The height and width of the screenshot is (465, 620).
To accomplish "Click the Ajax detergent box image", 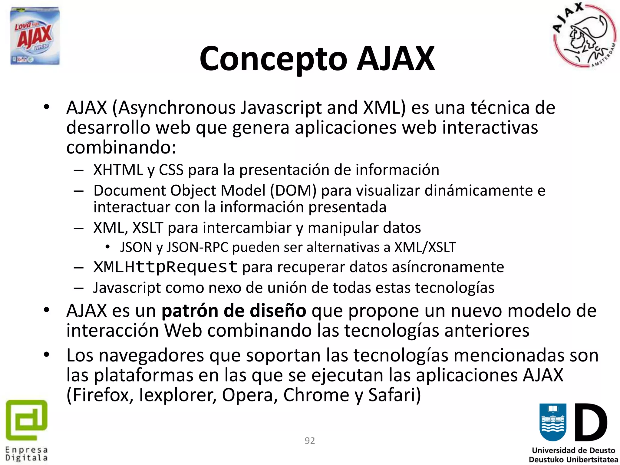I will pos(35,36).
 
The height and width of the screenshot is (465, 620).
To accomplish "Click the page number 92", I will pos(310,441).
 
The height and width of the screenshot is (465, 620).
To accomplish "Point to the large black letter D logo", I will pos(591,423).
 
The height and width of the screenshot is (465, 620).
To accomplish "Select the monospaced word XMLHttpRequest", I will pos(165,267).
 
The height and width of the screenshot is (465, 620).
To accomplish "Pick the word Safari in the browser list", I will pos(394,395).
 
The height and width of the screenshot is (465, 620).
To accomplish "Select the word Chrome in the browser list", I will pos(316,395).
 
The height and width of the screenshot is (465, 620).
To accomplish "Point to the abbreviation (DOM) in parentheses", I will pos(293,191).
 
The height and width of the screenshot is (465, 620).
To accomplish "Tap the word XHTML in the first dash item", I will pos(118,170).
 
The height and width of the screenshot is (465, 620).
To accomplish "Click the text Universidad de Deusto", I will pos(573,450).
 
